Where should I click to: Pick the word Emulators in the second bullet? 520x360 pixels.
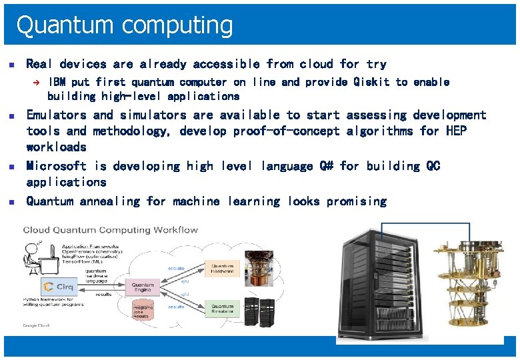point(56,115)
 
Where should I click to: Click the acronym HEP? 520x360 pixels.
point(457,131)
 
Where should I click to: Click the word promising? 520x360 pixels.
point(357,201)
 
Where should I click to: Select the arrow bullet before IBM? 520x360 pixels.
point(38,82)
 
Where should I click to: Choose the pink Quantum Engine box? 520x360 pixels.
point(142,288)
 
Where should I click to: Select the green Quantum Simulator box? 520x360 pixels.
point(222,309)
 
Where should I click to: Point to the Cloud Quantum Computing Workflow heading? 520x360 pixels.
point(111,230)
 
